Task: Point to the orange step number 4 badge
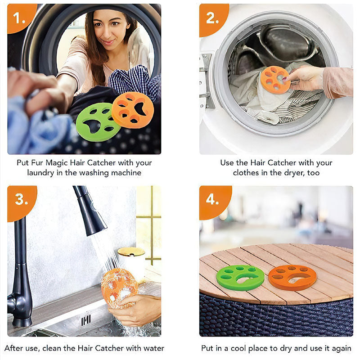tap(212, 199)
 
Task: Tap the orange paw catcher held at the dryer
tap(274, 80)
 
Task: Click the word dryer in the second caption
tap(295, 172)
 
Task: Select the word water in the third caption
tap(153, 348)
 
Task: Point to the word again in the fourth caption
tap(341, 348)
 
